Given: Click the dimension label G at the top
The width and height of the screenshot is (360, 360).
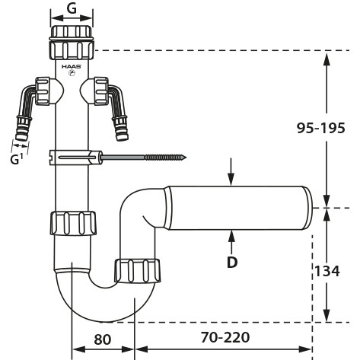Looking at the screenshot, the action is click(72, 9).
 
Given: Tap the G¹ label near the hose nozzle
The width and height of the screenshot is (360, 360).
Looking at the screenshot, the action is click(17, 160).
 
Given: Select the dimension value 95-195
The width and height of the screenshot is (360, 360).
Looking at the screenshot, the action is click(321, 128).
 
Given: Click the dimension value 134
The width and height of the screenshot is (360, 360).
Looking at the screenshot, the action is click(327, 271).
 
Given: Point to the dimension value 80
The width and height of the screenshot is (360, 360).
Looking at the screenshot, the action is click(103, 339).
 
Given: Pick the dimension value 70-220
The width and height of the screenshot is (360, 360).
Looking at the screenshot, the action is click(225, 337).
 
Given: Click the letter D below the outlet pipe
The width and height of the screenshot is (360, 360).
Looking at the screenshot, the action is click(232, 263).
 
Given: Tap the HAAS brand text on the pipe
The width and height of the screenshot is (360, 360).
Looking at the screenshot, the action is click(72, 66).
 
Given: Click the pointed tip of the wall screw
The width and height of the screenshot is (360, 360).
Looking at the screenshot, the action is click(186, 158).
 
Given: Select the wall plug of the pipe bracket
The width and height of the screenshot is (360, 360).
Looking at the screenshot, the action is click(75, 158).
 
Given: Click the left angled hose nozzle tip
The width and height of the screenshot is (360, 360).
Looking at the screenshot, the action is click(20, 137).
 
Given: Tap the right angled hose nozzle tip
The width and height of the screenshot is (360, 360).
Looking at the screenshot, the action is click(123, 137).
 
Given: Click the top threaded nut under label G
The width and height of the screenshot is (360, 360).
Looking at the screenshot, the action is click(72, 42).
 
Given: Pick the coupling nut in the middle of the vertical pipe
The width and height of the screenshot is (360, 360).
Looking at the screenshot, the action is click(73, 223).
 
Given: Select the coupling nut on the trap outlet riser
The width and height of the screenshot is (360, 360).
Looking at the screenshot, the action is click(137, 271).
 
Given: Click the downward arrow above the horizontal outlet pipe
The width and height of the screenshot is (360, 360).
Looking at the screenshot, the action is click(231, 172).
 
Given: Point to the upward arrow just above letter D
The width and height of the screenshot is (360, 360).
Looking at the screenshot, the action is click(231, 243).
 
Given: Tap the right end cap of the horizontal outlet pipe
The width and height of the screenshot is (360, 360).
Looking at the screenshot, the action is click(307, 208).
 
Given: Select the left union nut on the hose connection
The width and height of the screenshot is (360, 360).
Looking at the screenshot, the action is click(43, 91).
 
